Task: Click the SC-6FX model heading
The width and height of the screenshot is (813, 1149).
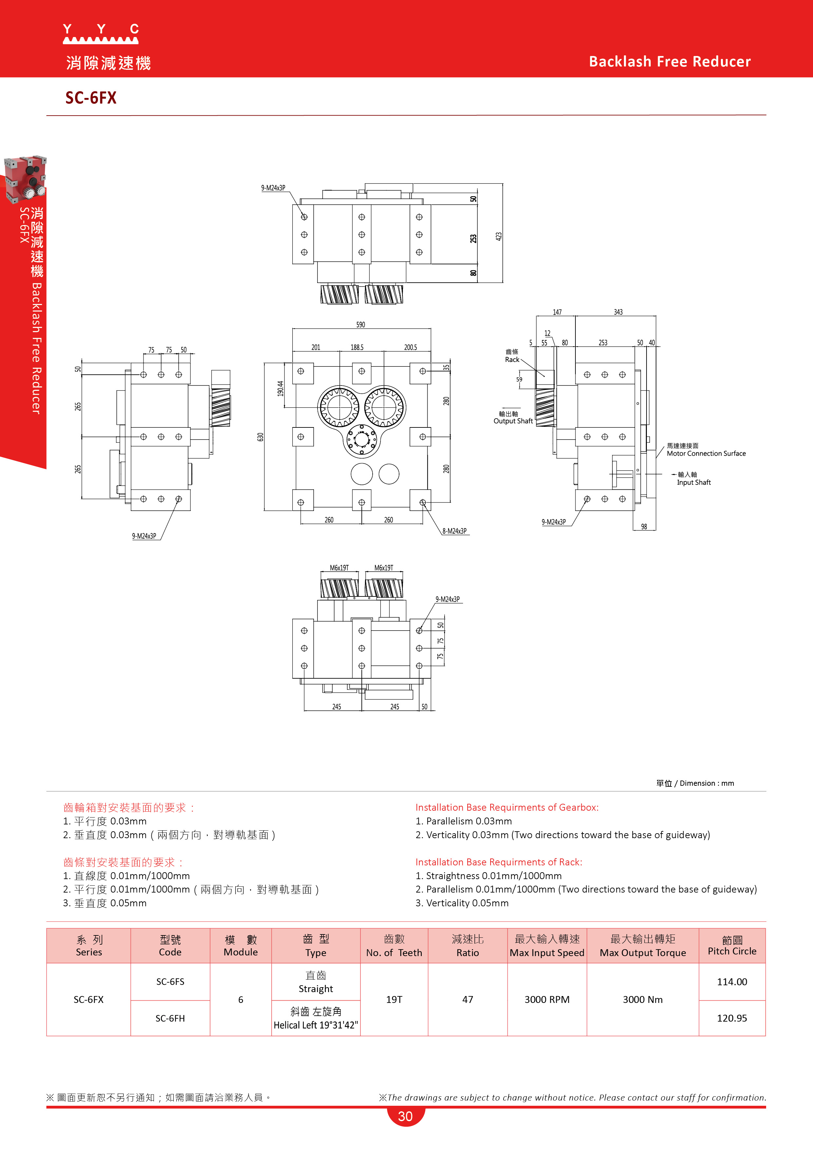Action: pyautogui.click(x=91, y=98)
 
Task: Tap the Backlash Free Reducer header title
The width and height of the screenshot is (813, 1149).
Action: pyautogui.click(x=669, y=62)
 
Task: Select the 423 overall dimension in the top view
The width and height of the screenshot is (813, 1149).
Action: pyautogui.click(x=499, y=236)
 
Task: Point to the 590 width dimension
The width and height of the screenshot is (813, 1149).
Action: pyautogui.click(x=360, y=325)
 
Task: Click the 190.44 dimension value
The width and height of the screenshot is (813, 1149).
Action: pyautogui.click(x=281, y=388)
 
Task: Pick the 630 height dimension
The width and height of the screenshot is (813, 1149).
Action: pyautogui.click(x=260, y=437)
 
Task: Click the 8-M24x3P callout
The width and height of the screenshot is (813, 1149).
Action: pyautogui.click(x=454, y=531)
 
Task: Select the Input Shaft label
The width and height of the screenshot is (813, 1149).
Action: pyautogui.click(x=693, y=482)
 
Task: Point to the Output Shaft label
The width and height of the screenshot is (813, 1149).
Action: pyautogui.click(x=513, y=421)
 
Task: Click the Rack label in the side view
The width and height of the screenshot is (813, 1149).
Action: pyautogui.click(x=512, y=359)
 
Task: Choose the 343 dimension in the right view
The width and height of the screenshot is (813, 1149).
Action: pyautogui.click(x=618, y=312)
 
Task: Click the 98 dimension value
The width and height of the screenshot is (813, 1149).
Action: pyautogui.click(x=644, y=526)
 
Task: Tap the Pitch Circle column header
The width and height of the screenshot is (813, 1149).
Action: pyautogui.click(x=732, y=951)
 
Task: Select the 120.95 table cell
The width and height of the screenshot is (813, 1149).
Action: pyautogui.click(x=732, y=1018)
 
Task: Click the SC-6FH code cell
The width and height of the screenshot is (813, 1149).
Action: pyautogui.click(x=170, y=1018)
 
